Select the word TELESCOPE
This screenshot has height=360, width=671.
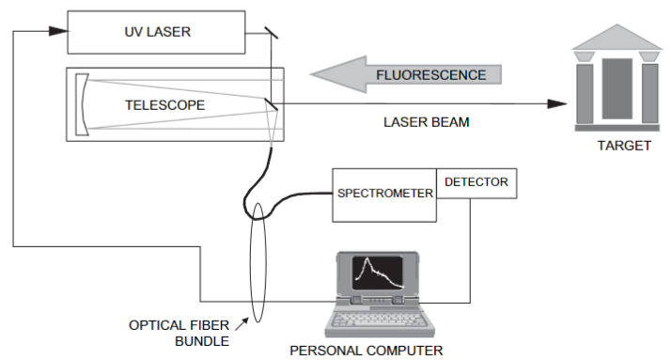coord(164,104)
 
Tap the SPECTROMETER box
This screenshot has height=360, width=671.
coord(384,195)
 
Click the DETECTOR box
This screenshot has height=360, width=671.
coord(476,182)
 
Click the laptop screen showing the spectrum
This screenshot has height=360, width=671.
coord(379,272)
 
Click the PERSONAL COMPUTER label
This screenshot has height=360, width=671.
coord(367,350)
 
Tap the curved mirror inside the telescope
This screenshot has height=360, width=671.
coord(84,104)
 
